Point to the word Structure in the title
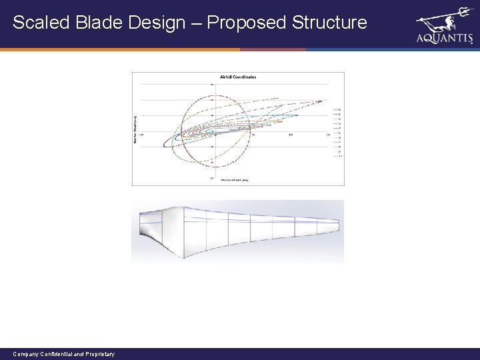click(x=331, y=23)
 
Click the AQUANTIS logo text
click(x=444, y=39)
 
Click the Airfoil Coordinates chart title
click(x=238, y=77)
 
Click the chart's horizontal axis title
click(x=235, y=181)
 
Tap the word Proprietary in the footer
click(x=99, y=354)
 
